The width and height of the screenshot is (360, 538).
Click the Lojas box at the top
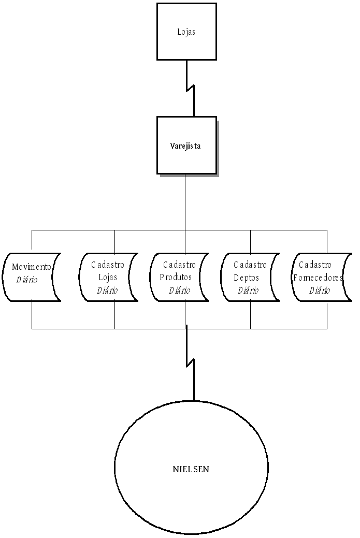186,32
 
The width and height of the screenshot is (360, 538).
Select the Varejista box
186,145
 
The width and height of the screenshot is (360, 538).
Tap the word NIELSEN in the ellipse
191,470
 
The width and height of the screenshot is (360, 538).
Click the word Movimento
32,267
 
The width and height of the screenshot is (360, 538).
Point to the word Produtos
176,278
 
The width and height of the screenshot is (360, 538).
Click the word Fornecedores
318,278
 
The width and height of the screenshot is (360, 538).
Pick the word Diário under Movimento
27,280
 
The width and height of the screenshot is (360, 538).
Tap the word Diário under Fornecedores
320,290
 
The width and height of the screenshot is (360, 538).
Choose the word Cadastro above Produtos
179,265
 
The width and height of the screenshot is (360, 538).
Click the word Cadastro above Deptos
250,265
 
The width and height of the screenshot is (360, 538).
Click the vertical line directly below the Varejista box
185,202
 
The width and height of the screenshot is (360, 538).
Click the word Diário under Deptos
248,290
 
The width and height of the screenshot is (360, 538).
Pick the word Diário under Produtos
179,290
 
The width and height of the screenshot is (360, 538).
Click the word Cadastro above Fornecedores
315,265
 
